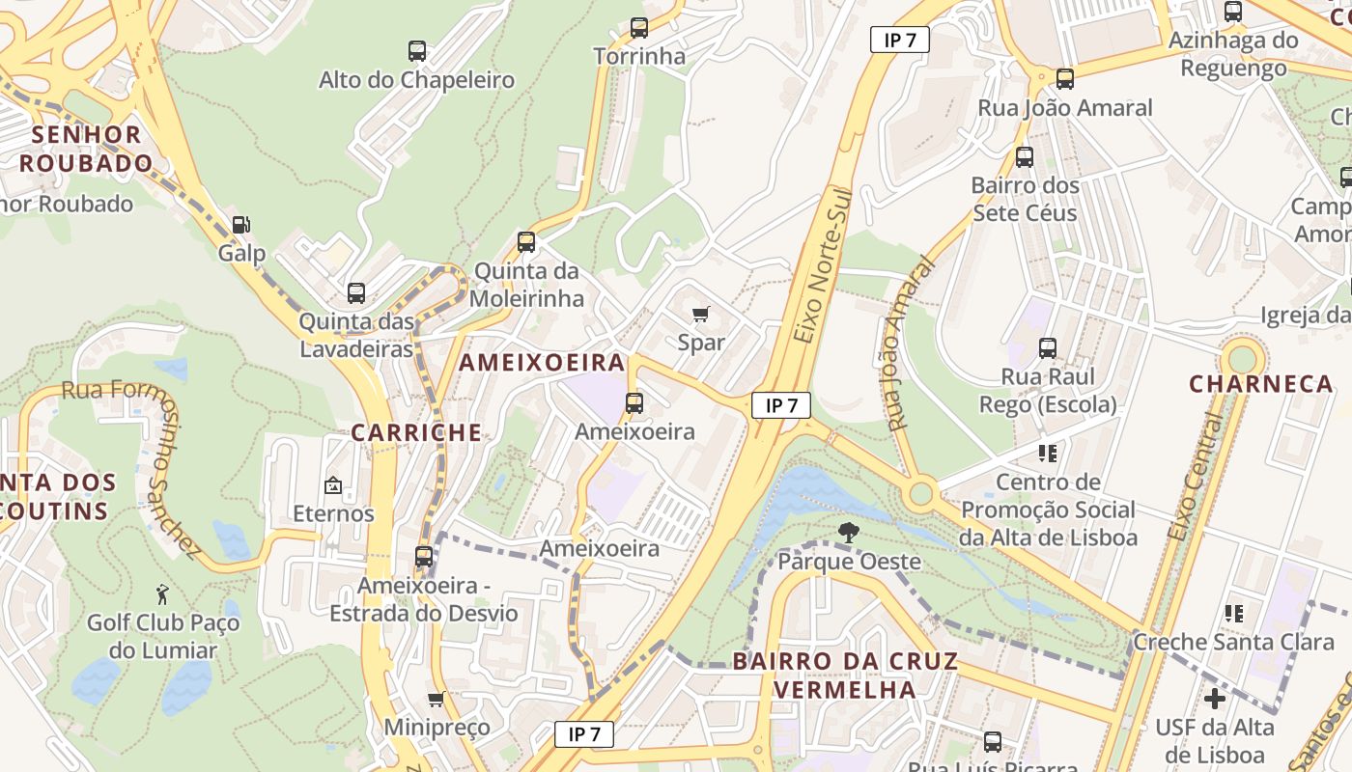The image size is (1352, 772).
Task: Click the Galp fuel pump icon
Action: tap(240, 225)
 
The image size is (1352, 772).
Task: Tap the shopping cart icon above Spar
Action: tap(701, 314)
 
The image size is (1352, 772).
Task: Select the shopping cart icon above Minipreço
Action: tap(437, 699)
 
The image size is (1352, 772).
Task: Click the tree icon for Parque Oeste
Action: tap(848, 531)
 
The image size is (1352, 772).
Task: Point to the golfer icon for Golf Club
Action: tap(162, 594)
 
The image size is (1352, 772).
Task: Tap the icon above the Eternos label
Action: tap(333, 484)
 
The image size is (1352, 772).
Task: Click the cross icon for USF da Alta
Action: tap(1215, 698)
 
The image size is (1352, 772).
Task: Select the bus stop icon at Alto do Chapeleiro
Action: tap(417, 51)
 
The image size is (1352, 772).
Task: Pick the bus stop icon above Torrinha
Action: tap(638, 28)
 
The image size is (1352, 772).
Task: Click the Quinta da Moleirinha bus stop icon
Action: tap(526, 241)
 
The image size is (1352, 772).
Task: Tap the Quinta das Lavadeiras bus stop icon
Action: tap(356, 292)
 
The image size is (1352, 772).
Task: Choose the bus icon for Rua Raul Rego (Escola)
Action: tap(1048, 347)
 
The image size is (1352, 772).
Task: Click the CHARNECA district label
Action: tap(1260, 384)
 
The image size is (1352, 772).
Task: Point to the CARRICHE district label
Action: tap(416, 432)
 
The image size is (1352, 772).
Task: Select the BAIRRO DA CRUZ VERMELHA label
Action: tap(845, 675)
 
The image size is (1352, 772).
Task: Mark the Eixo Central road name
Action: tap(1196, 478)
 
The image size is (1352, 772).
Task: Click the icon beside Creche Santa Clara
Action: tap(1233, 613)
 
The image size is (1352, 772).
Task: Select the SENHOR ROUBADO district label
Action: tap(85, 149)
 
